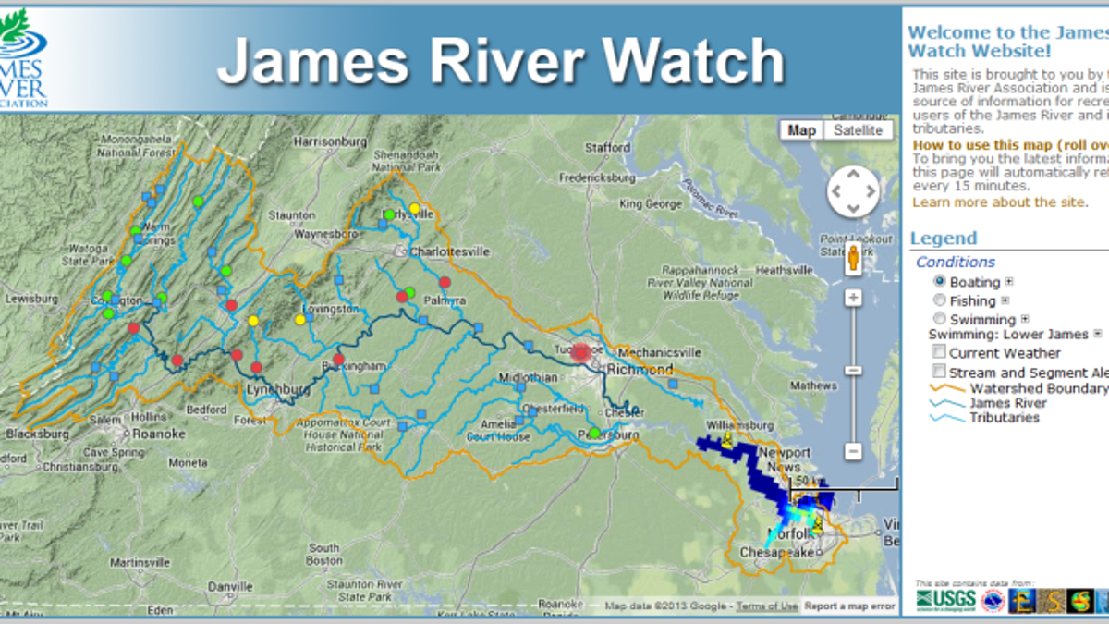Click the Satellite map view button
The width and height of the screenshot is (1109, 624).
[859, 130]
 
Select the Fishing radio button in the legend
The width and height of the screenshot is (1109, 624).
[940, 300]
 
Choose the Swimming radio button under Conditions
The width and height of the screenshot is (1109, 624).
[940, 320]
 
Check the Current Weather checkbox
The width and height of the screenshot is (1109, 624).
[939, 352]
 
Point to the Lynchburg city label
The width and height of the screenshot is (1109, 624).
[277, 390]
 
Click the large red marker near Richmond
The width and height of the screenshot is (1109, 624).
[580, 352]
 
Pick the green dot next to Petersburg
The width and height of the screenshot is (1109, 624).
[595, 433]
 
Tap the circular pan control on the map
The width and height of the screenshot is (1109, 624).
[853, 192]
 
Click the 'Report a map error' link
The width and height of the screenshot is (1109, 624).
[849, 606]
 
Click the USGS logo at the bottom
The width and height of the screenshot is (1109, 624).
[946, 602]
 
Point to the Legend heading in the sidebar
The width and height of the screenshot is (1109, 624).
[943, 239]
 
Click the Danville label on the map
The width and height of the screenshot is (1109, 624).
[229, 586]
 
